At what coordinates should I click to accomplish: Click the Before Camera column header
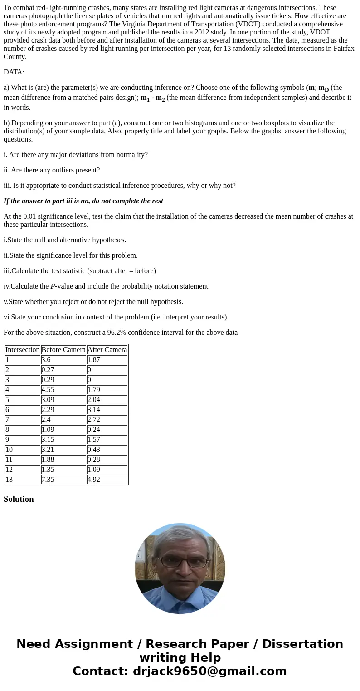point(63,350)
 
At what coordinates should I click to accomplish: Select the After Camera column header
point(107,350)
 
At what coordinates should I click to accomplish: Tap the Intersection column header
point(23,350)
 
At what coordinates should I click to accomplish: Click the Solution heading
point(19,499)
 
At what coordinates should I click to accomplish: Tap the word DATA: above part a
point(14,72)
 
